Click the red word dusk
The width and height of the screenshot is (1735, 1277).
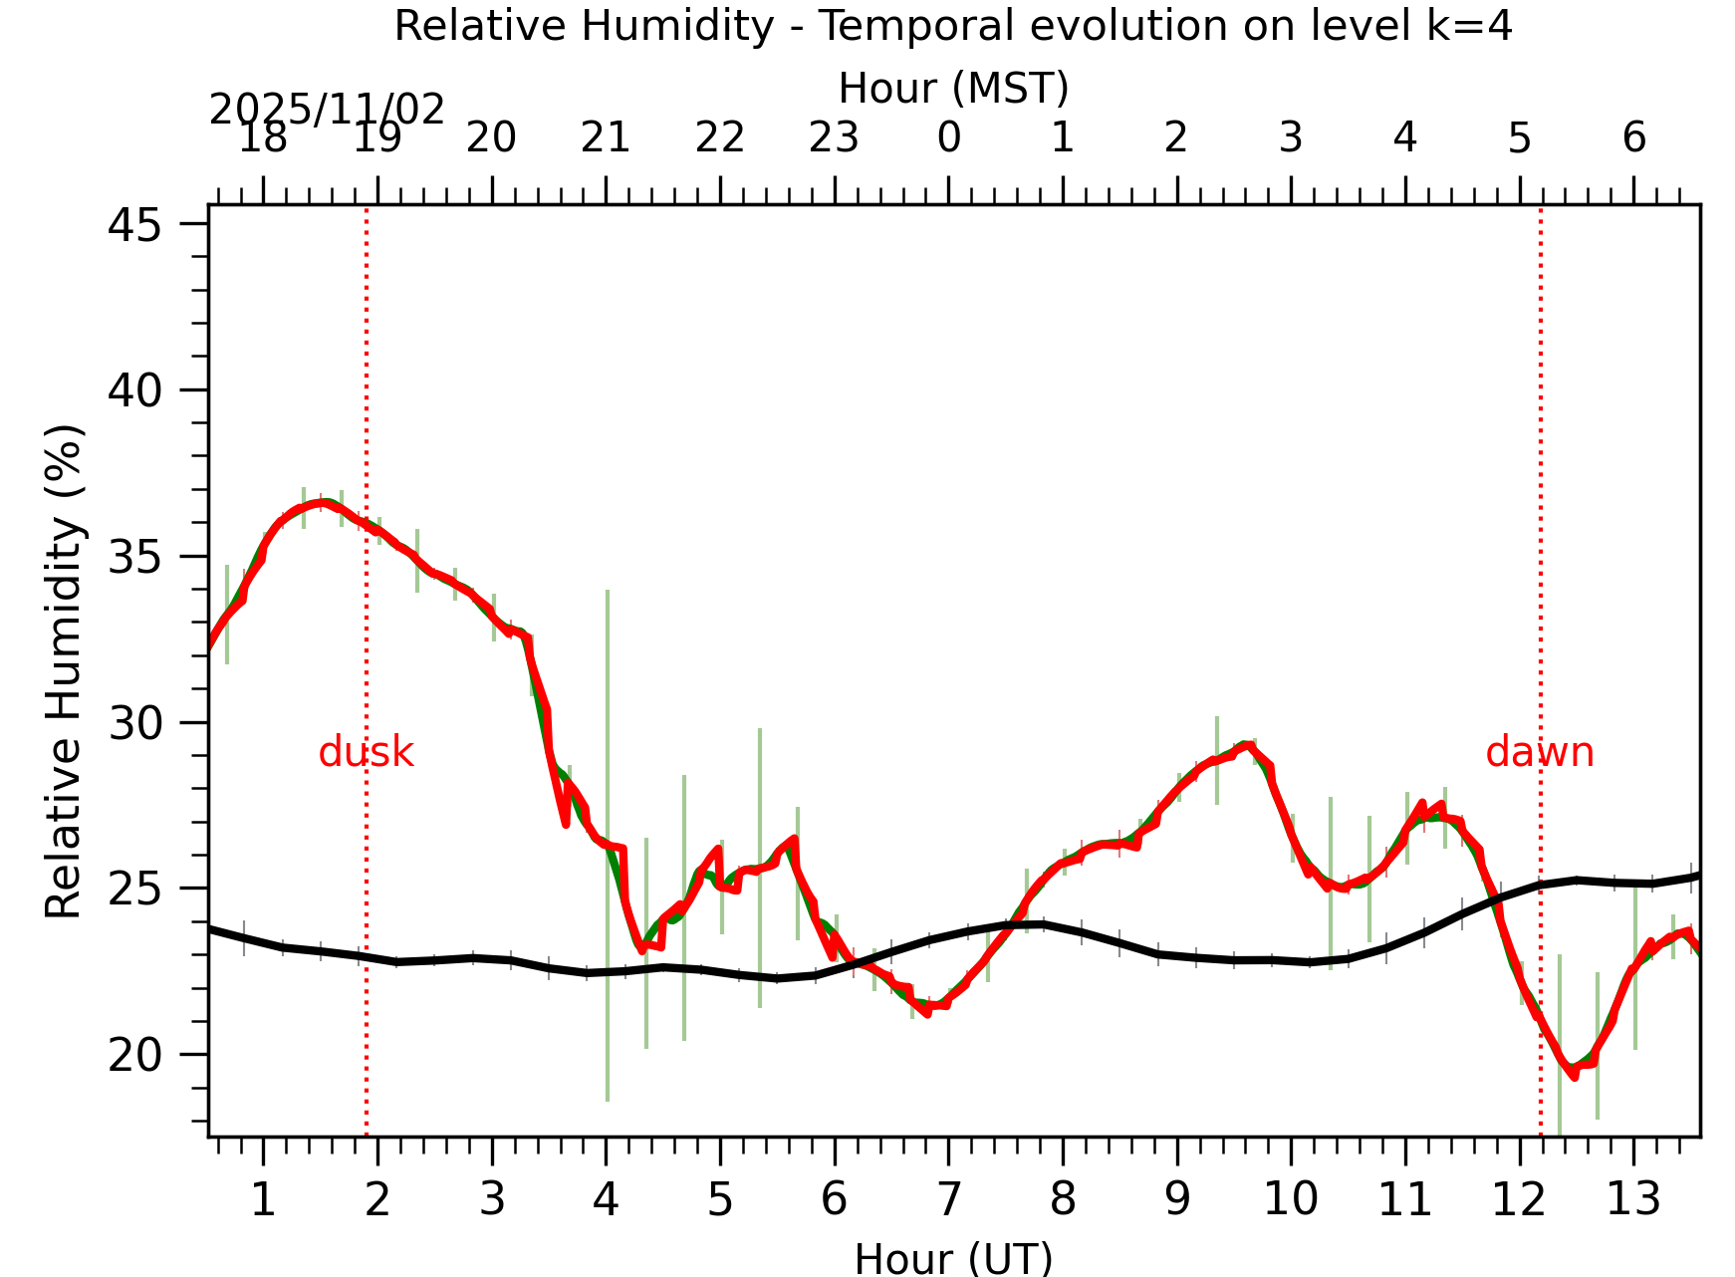[366, 752]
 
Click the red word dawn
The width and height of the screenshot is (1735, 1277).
[1539, 752]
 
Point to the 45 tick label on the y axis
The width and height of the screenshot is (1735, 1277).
[134, 224]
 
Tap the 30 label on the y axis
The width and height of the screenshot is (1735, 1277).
[134, 722]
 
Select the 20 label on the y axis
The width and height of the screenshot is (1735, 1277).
[134, 1054]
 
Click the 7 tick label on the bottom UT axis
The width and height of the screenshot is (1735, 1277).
[948, 1199]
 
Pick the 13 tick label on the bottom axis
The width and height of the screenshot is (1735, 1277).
[1633, 1199]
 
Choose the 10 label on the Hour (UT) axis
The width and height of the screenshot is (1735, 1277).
[1291, 1199]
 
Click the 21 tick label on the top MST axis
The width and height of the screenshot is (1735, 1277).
[606, 137]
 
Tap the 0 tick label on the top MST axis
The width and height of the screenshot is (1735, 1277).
[948, 137]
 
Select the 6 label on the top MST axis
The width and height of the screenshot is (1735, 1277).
[1633, 137]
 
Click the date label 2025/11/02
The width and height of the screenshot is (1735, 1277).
[327, 110]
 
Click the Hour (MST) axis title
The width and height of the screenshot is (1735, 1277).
[953, 88]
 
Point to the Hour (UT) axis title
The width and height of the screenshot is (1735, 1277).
[953, 1258]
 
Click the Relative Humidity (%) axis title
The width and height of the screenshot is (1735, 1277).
[64, 671]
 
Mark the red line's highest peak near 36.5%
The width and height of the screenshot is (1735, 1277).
[321, 502]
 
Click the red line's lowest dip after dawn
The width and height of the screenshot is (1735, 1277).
[1574, 1076]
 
